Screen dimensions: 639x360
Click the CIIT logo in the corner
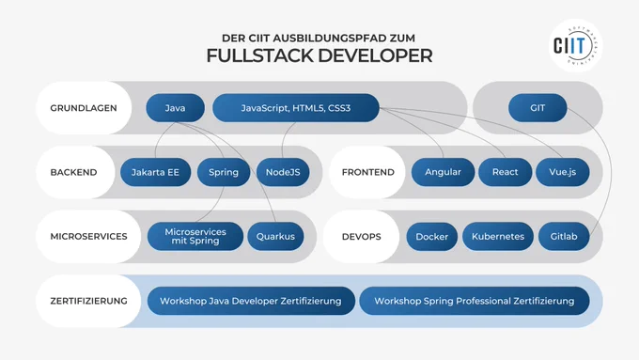[574, 46]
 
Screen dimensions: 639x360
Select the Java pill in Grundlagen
[175, 108]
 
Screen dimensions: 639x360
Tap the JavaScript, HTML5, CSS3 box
[296, 108]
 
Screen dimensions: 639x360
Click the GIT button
[538, 108]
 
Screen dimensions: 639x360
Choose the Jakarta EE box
[155, 172]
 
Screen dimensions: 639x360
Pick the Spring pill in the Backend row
[224, 172]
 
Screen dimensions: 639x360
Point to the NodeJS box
[283, 172]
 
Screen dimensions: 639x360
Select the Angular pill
[443, 172]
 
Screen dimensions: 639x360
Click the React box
[505, 172]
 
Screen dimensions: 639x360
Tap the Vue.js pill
[562, 172]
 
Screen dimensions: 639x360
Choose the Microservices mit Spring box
[195, 237]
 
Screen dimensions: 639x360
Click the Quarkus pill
[275, 237]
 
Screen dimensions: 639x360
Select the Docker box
[432, 237]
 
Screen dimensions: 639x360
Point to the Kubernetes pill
[498, 237]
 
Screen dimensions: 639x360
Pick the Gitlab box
[564, 237]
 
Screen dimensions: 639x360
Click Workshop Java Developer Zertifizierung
[251, 302]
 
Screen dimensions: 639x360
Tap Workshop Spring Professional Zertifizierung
[475, 302]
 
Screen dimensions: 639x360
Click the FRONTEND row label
[368, 172]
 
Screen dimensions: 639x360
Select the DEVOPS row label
[362, 237]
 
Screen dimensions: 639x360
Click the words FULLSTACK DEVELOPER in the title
[319, 55]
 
